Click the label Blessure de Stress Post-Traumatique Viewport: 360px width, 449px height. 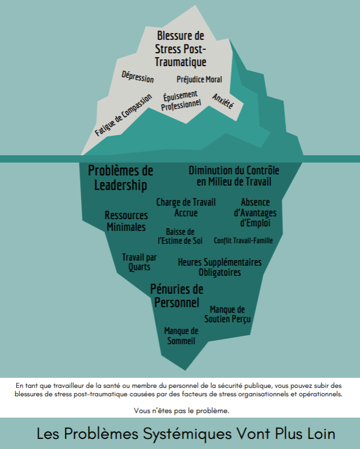[181, 49]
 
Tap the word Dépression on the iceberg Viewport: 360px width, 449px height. [138, 77]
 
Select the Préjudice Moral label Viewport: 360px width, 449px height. [199, 80]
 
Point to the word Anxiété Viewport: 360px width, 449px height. [223, 101]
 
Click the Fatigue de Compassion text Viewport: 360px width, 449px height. [123, 115]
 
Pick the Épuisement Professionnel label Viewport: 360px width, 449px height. [181, 101]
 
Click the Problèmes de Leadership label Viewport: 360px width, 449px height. [121, 178]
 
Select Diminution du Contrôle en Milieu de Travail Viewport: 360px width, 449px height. [234, 176]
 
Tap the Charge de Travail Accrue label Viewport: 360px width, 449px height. [186, 207]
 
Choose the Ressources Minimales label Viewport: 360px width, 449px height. [126, 221]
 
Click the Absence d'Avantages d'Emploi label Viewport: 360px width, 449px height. [255, 212]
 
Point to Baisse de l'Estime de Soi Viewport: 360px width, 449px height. [180, 236]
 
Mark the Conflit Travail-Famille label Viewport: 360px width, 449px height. [243, 240]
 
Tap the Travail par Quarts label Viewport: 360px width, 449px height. [140, 262]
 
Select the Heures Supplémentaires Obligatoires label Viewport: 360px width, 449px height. [220, 267]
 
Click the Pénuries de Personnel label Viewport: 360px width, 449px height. [177, 296]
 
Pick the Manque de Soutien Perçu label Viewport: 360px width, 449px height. [228, 314]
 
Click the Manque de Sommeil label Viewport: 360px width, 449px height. [181, 336]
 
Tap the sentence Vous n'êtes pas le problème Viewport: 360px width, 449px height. [182, 411]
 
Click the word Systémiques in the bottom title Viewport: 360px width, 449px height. [187, 434]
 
